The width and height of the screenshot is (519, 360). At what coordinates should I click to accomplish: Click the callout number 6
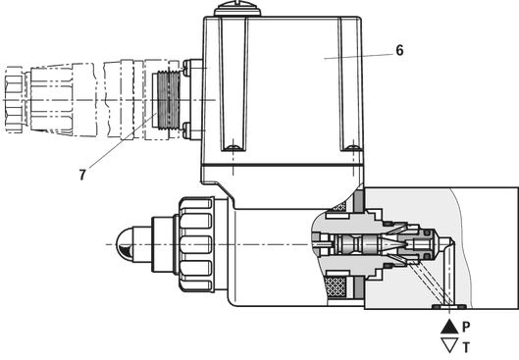[399, 51]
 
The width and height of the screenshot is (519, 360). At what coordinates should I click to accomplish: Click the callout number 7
[82, 175]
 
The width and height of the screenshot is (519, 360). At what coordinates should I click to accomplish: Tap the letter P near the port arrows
[466, 328]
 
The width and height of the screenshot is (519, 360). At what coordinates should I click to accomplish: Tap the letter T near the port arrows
[466, 348]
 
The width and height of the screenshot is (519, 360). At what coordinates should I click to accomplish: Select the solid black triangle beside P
[449, 327]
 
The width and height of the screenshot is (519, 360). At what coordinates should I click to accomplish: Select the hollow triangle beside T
[449, 345]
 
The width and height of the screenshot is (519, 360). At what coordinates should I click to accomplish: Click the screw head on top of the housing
[237, 9]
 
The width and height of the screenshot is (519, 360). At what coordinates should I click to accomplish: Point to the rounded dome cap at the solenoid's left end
[124, 244]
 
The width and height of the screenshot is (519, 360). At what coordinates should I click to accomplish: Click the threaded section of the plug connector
[169, 100]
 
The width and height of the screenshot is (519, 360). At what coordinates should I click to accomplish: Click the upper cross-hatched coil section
[337, 207]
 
